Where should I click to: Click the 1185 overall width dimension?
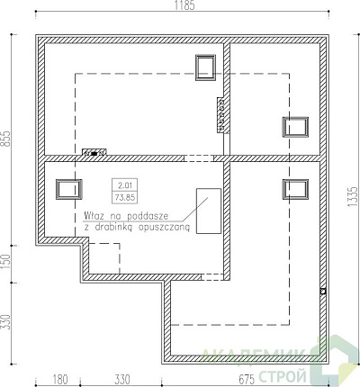tap(184, 5)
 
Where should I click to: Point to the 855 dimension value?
tap(6, 139)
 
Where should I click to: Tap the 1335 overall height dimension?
tap(353, 196)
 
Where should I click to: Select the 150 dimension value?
tap(6, 261)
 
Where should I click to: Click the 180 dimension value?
tap(60, 380)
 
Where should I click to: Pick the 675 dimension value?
tap(247, 380)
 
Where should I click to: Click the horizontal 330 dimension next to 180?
tap(122, 380)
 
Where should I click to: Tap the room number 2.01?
tap(125, 185)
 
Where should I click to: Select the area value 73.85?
tap(125, 198)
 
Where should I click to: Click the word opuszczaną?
tap(164, 228)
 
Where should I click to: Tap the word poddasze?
tap(148, 216)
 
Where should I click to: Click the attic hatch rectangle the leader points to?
tap(209, 211)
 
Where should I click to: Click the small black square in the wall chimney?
tap(94, 154)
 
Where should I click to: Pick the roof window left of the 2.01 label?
tap(69, 189)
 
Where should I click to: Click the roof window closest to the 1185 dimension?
tap(205, 67)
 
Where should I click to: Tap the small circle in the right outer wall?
tap(323, 291)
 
